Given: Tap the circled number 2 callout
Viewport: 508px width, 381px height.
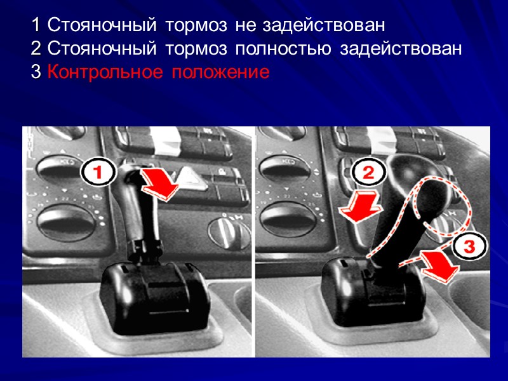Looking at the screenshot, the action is click(368, 171).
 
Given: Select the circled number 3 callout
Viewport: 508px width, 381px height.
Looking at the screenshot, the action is click(469, 246).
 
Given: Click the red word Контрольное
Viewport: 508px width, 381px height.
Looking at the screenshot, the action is click(105, 72).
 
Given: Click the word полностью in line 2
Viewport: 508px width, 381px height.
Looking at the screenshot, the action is click(283, 50).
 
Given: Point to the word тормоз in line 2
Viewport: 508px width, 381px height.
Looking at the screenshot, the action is click(196, 50).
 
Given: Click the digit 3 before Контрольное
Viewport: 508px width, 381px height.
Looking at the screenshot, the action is click(36, 72).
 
